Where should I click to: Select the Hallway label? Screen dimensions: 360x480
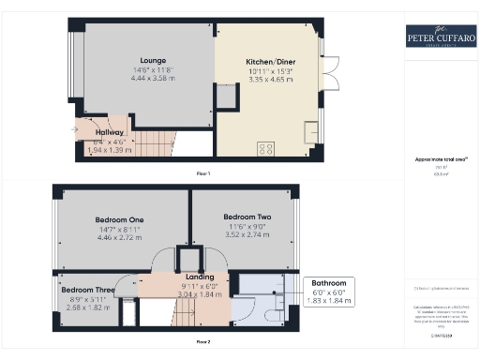110,132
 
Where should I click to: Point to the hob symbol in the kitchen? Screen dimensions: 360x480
265,146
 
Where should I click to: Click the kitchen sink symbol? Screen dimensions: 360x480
310,130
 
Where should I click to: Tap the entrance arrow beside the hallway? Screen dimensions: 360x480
74,129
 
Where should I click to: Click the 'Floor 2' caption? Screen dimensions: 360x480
202,341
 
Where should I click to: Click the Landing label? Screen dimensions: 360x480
198,277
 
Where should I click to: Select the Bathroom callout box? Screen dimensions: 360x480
328,292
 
